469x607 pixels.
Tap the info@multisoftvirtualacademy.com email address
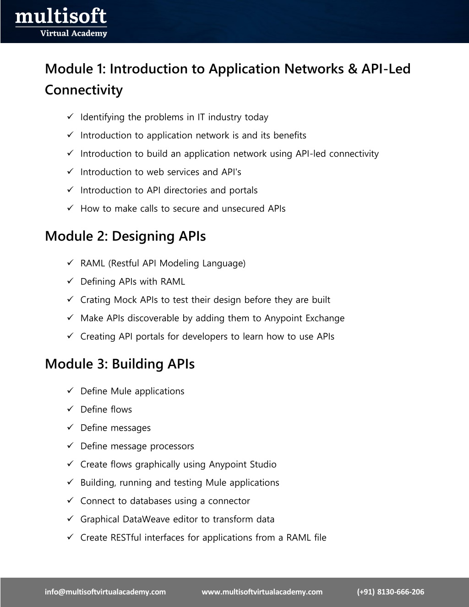click(x=105, y=592)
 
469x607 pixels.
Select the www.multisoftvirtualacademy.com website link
click(x=262, y=592)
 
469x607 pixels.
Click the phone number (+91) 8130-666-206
click(x=391, y=592)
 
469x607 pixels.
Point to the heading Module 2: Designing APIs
click(x=125, y=236)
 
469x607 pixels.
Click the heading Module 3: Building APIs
click(x=120, y=364)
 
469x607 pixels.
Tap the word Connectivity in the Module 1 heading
click(x=84, y=90)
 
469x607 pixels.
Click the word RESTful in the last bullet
click(x=126, y=538)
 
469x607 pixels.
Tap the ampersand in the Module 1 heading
click(x=352, y=69)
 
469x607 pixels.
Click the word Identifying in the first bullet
click(x=103, y=117)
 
